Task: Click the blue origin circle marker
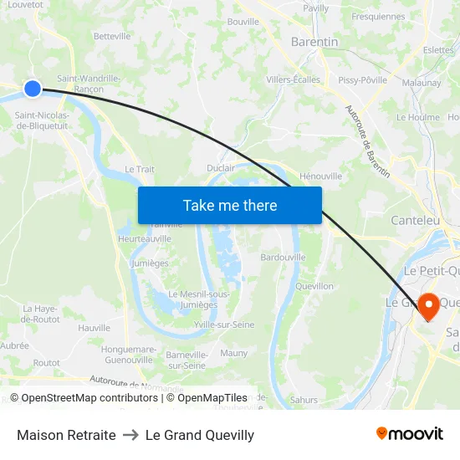(x=33, y=89)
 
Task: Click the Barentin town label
(x=314, y=42)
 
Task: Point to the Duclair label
(x=221, y=168)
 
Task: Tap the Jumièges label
(x=150, y=263)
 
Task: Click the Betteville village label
(x=112, y=37)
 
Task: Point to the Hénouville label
(x=320, y=176)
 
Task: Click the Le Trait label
(x=140, y=169)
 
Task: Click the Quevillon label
(x=314, y=286)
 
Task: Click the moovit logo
(x=410, y=434)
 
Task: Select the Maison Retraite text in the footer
(x=66, y=435)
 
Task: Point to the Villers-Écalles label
(x=293, y=80)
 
